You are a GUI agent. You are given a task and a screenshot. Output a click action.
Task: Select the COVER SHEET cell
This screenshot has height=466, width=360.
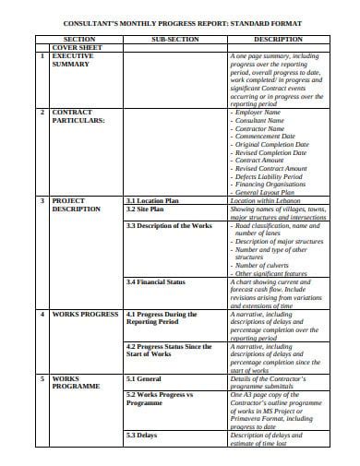pyautogui.click(x=77, y=48)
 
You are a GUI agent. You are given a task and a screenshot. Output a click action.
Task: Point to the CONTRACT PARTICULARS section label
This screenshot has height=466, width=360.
pyautogui.click(x=78, y=116)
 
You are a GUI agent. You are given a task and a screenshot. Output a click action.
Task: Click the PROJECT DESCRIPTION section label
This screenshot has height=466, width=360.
pyautogui.click(x=76, y=205)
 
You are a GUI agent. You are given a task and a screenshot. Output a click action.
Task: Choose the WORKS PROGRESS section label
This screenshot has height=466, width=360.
pyautogui.click(x=84, y=315)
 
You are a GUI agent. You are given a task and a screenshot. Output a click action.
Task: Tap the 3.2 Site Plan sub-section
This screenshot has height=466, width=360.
pyautogui.click(x=144, y=209)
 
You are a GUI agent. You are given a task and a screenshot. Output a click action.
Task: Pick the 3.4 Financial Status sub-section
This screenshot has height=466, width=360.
pyautogui.click(x=156, y=281)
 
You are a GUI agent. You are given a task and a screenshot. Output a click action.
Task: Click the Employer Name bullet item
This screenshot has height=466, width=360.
pyautogui.click(x=265, y=112)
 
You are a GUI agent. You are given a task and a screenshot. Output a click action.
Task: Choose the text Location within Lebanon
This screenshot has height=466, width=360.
pyautogui.click(x=268, y=200)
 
